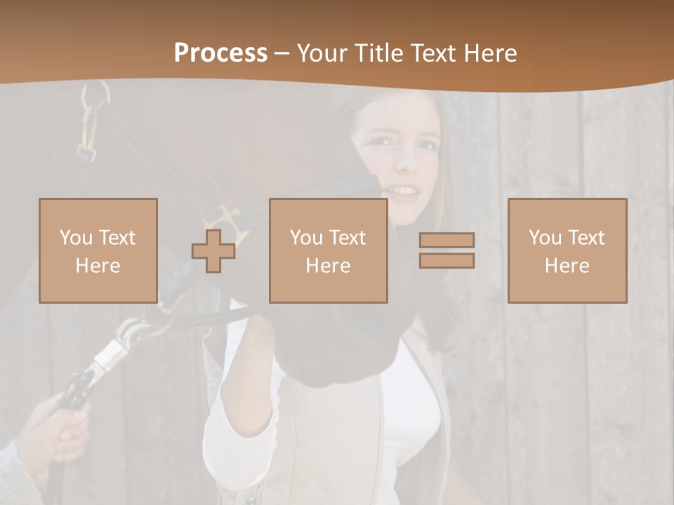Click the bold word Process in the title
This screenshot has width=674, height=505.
(220, 53)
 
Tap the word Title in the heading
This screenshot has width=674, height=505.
(378, 53)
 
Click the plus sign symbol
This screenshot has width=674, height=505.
(213, 251)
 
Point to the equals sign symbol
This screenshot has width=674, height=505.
(447, 250)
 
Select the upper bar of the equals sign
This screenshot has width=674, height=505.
(447, 241)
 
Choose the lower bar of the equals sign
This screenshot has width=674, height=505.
(447, 260)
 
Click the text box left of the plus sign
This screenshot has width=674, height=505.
(98, 251)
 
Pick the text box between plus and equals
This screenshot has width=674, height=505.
(328, 251)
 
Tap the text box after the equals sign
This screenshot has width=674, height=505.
(567, 251)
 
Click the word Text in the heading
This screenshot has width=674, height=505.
(434, 53)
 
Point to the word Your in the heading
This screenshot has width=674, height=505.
(322, 53)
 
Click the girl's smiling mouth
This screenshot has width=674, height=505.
(403, 190)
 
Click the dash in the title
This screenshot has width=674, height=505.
(282, 54)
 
